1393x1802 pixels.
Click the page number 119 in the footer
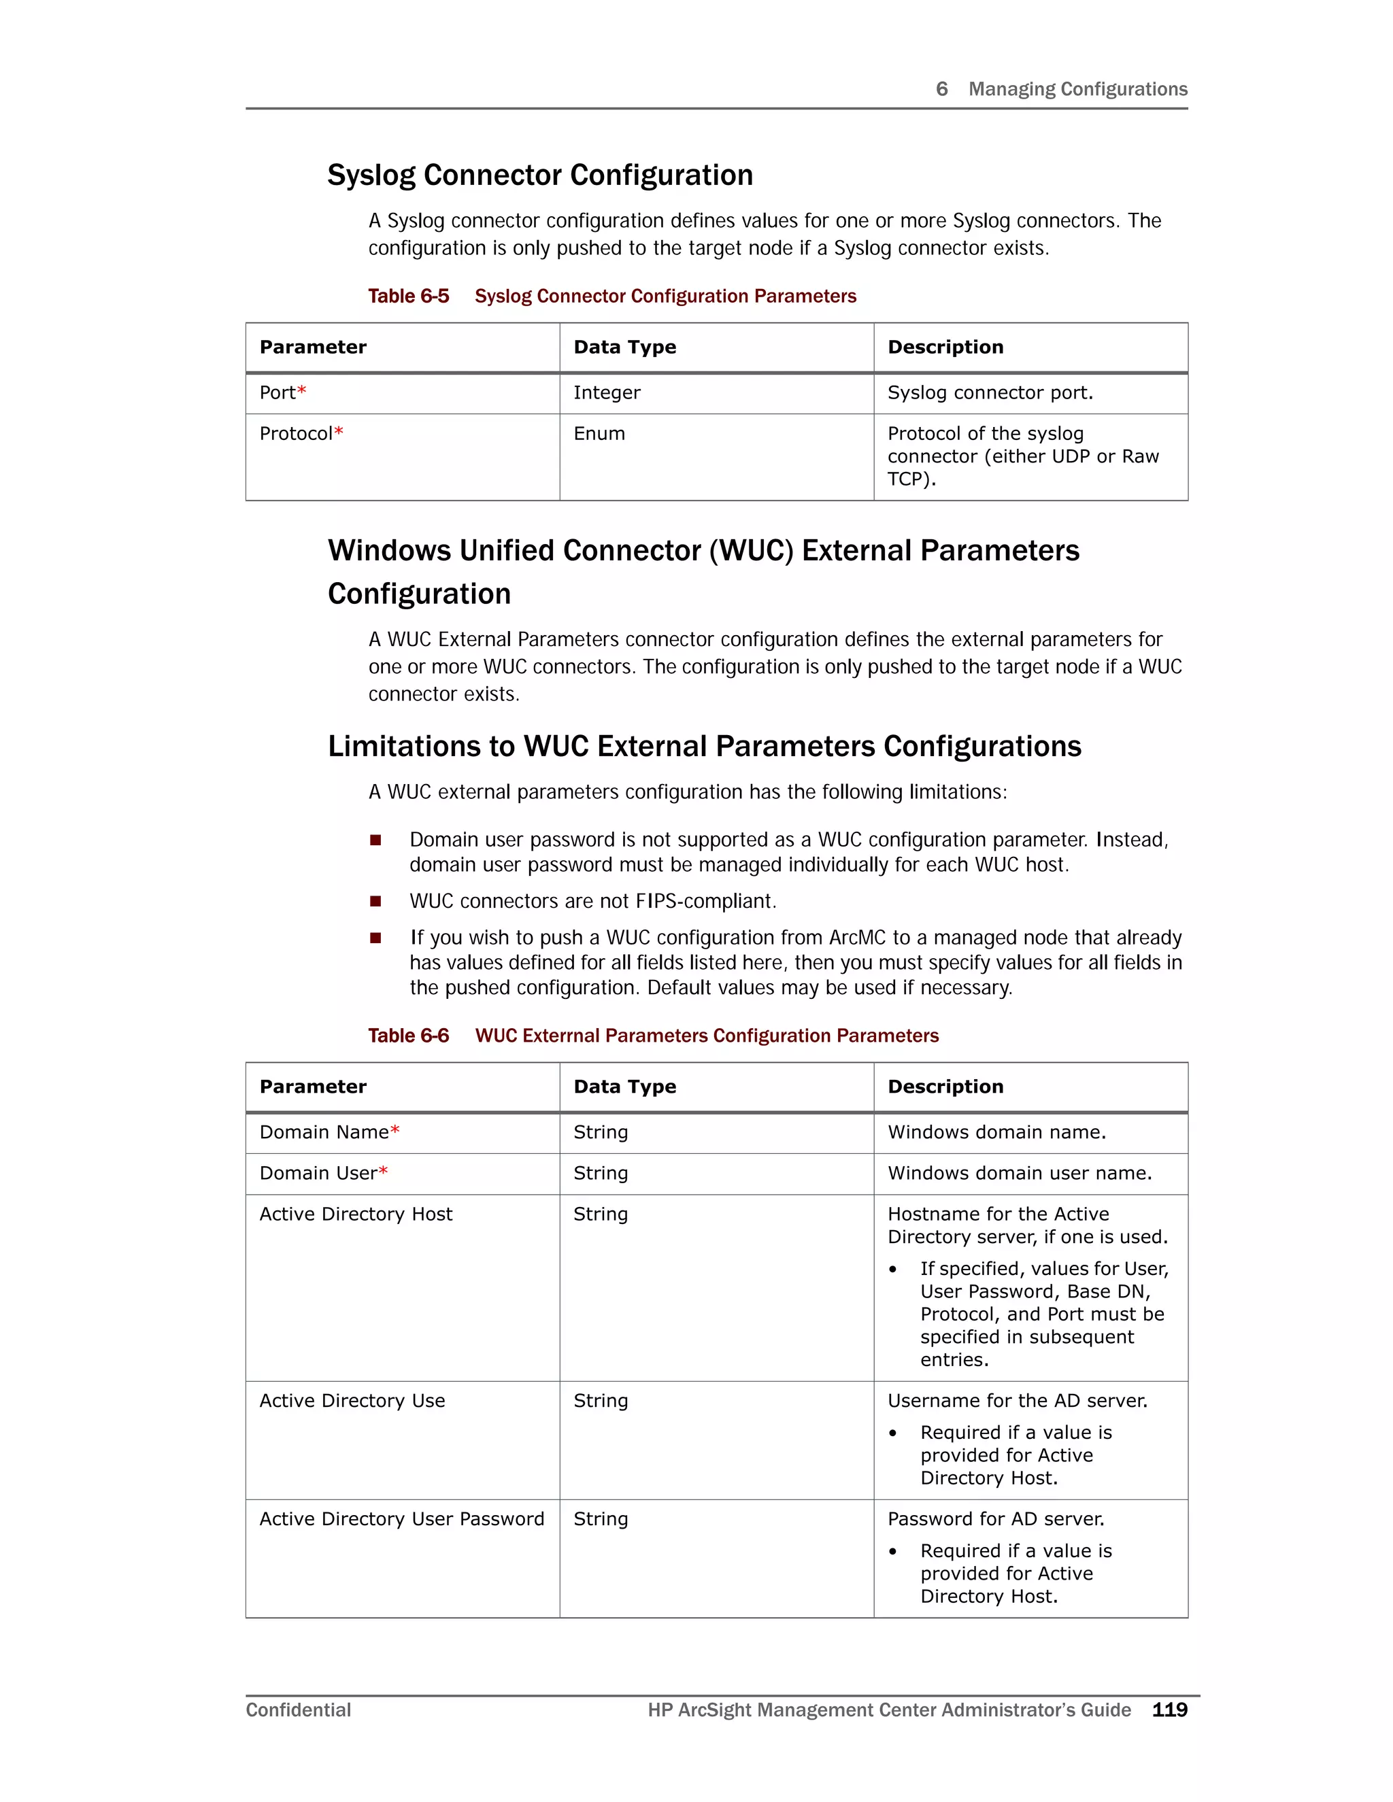pos(1169,1710)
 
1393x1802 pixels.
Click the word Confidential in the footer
pos(298,1710)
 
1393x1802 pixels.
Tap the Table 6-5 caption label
pos(409,296)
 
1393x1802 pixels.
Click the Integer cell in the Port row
pos(607,393)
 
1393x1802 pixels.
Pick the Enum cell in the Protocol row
pos(599,434)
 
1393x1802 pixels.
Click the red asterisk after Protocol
pos(338,432)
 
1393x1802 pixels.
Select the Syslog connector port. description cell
pos(990,393)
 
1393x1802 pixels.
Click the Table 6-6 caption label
pos(409,1036)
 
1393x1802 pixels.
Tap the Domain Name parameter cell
pos(324,1132)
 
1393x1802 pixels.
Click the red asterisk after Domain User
pos(383,1172)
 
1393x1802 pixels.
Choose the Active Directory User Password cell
pos(402,1519)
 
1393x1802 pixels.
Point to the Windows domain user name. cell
pos(1019,1173)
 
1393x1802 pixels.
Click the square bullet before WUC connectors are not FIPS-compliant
pos(375,901)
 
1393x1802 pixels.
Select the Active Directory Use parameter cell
pos(352,1401)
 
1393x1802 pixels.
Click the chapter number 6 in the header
pos(941,89)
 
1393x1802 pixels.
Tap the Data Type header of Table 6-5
pos(624,347)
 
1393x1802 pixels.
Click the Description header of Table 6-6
pos(945,1087)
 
